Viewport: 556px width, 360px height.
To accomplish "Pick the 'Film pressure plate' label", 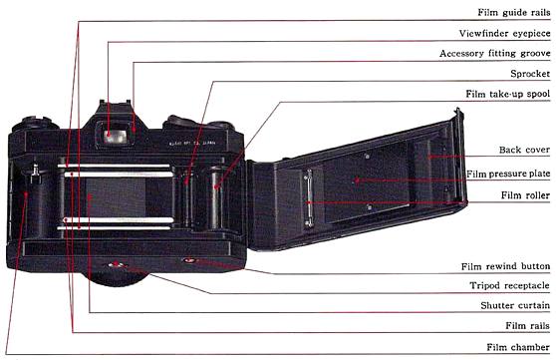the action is pyautogui.click(x=505, y=175).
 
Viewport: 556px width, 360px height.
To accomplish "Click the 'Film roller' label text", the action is pyautogui.click(x=523, y=195).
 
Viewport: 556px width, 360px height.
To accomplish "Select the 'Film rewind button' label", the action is pyautogui.click(x=502, y=267).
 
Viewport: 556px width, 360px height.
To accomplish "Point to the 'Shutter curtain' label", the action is pyautogui.click(x=513, y=306).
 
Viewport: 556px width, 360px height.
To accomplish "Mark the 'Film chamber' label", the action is pyautogui.click(x=515, y=347).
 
